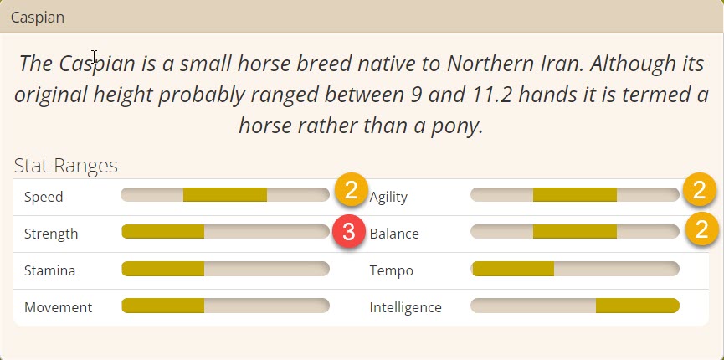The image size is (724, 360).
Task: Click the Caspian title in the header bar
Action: [38, 18]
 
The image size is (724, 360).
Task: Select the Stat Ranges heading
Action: [65, 166]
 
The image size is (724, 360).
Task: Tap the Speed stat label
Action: [44, 198]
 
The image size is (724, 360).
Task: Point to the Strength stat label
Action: [51, 234]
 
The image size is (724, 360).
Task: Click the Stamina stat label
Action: [49, 270]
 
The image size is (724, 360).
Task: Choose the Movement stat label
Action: [59, 307]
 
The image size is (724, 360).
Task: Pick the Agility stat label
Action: [388, 198]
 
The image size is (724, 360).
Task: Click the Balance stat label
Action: [394, 234]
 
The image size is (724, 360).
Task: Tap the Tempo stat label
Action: [391, 270]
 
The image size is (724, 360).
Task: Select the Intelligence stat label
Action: [405, 308]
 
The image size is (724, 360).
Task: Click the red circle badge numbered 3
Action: [349, 232]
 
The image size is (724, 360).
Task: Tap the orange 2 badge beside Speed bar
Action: [351, 190]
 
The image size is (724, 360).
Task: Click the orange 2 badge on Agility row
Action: [700, 190]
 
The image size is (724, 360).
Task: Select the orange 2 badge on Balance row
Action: [701, 229]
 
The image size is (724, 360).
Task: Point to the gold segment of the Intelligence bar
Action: [637, 306]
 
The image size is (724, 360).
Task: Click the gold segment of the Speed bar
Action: [225, 194]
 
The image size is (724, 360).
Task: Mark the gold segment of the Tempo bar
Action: [512, 269]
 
